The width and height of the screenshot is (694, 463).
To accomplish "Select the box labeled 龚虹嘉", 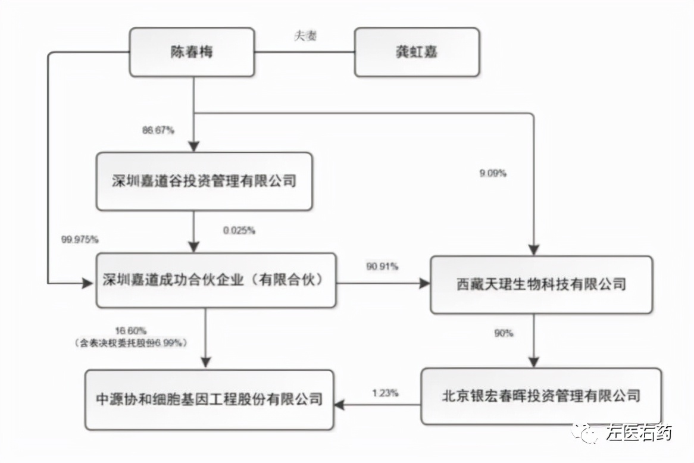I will pyautogui.click(x=417, y=52).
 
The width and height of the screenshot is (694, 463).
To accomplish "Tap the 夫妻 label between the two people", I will pyautogui.click(x=305, y=36).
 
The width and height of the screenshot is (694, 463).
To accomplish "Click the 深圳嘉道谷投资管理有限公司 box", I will pyautogui.click(x=204, y=181).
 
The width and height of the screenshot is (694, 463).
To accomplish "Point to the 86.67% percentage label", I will pyautogui.click(x=158, y=130).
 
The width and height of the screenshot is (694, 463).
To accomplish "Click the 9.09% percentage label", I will pyautogui.click(x=492, y=174).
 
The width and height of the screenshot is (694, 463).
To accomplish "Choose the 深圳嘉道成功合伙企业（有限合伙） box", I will pyautogui.click(x=215, y=280).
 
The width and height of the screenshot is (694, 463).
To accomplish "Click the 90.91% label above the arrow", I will pyautogui.click(x=382, y=267).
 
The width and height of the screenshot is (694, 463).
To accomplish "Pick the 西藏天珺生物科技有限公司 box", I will pyautogui.click(x=541, y=284).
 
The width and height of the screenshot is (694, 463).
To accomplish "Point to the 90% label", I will pyautogui.click(x=504, y=333).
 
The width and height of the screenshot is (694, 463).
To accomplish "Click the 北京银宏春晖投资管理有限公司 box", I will pyautogui.click(x=540, y=395).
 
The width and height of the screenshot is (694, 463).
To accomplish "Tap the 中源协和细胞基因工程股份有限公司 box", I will pyautogui.click(x=209, y=399).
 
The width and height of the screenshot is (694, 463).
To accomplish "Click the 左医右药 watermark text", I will pyautogui.click(x=639, y=433).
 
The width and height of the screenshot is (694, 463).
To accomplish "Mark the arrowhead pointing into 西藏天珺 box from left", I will pyautogui.click(x=425, y=284).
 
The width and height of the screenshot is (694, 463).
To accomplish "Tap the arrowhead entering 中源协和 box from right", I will pyautogui.click(x=339, y=404).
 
